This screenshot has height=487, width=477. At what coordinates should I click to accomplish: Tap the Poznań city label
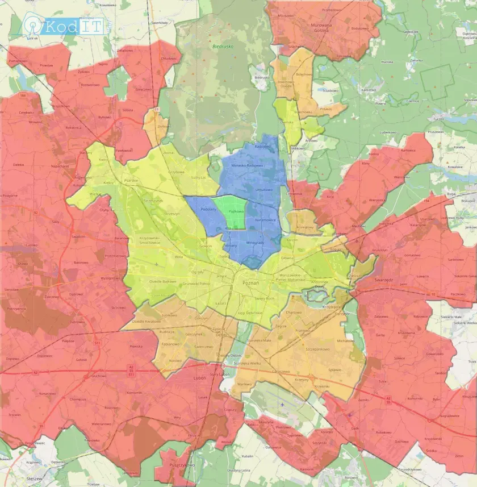tap(250, 282)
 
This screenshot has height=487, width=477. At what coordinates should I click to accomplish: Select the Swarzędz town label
tap(384, 280)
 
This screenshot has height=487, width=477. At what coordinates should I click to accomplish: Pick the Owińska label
tap(287, 121)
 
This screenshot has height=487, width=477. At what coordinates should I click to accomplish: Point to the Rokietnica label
tap(73, 128)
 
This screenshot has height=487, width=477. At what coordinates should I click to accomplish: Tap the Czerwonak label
tap(295, 194)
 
